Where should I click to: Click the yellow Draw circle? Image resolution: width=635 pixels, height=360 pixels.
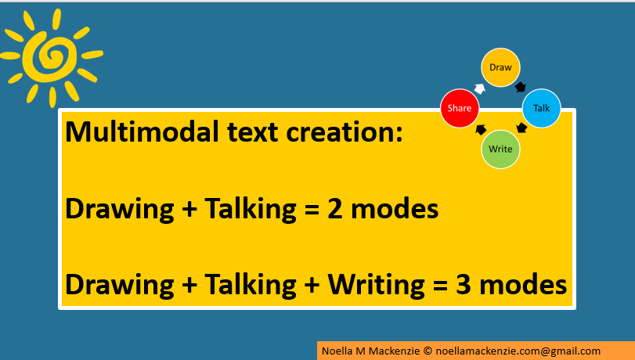point(500,68)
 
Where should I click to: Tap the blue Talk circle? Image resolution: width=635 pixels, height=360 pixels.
point(541,107)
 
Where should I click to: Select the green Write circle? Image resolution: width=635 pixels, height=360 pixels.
point(500,149)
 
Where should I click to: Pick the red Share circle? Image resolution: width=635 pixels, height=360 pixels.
point(460,109)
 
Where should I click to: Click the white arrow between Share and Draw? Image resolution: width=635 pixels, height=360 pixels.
point(479,88)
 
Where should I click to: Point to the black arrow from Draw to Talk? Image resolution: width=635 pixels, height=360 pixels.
point(521,87)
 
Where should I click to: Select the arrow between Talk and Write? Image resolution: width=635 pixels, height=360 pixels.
point(521,128)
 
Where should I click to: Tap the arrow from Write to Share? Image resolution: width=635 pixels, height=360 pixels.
point(481,129)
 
